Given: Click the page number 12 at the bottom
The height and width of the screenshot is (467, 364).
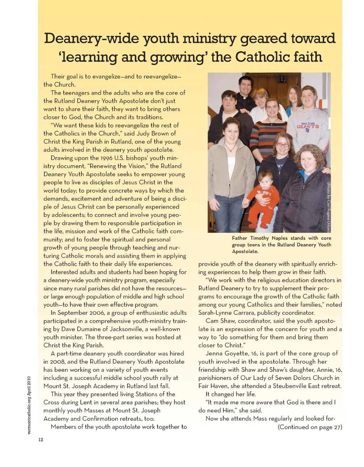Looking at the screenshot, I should pyautogui.click(x=41, y=440).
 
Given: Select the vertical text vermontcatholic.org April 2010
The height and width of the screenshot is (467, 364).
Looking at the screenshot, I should pyautogui.click(x=30, y=405).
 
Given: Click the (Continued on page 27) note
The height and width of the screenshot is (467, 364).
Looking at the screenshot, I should pyautogui.click(x=310, y=427).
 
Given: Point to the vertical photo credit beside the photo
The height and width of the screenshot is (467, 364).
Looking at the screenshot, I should pyautogui.click(x=329, y=207).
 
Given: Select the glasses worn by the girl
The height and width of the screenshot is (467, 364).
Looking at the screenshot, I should pyautogui.click(x=283, y=145).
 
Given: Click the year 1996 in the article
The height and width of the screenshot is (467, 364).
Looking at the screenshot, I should pyautogui.click(x=106, y=158).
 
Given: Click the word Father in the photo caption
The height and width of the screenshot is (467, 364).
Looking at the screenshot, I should pyautogui.click(x=240, y=238).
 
